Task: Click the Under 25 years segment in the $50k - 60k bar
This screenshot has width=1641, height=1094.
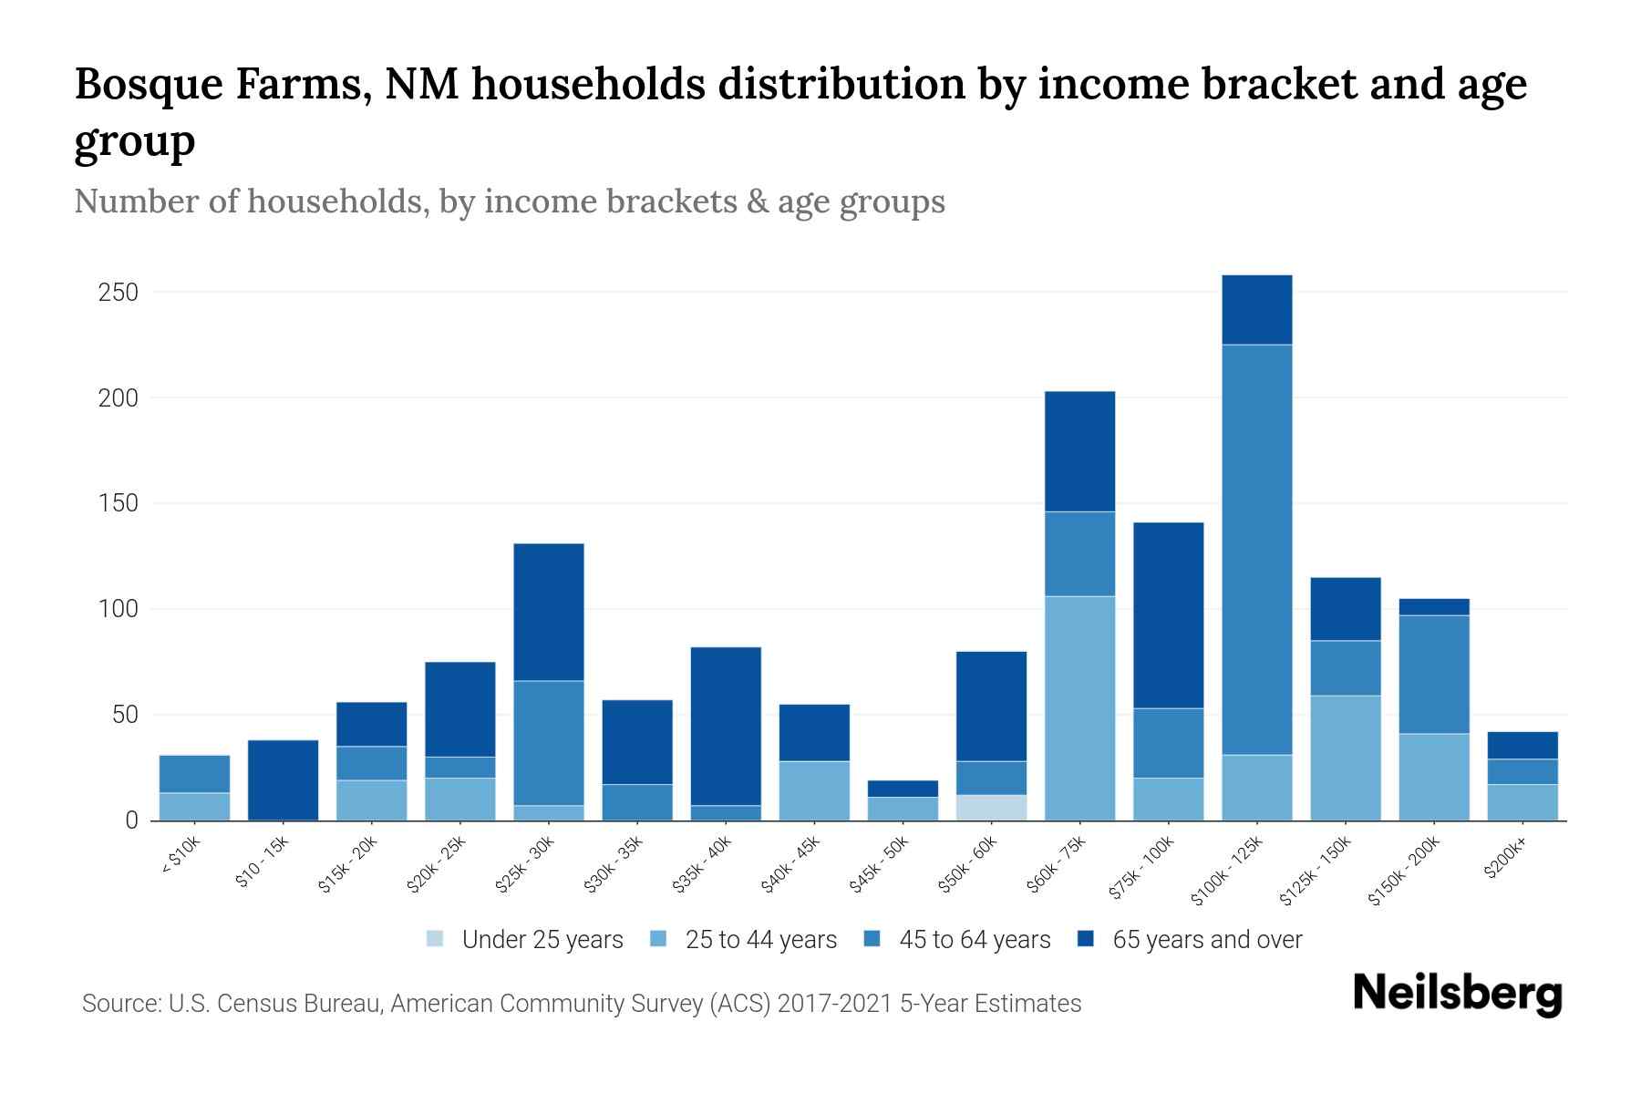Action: [x=991, y=808]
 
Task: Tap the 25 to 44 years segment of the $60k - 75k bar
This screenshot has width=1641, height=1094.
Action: [x=1079, y=707]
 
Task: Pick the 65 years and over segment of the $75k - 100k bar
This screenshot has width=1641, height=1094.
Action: [x=1168, y=615]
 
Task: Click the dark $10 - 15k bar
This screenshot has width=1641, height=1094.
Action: [x=283, y=779]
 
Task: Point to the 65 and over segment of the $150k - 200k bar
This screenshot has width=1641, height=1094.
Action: [x=1434, y=607]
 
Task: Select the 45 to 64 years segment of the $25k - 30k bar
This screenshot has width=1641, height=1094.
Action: [x=549, y=742]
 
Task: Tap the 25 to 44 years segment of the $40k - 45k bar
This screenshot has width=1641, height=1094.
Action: [x=814, y=790]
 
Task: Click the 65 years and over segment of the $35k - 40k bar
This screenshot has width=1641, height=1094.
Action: [x=726, y=726]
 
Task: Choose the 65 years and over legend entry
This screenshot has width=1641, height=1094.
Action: [x=1190, y=940]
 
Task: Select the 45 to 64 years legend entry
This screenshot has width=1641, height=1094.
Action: [x=956, y=940]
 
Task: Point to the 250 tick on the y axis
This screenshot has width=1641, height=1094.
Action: [x=119, y=293]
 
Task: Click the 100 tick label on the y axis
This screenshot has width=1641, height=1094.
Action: [x=119, y=609]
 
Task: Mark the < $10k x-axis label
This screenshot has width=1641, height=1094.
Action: [x=180, y=858]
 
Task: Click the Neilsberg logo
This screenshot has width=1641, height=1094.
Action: [x=1457, y=995]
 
